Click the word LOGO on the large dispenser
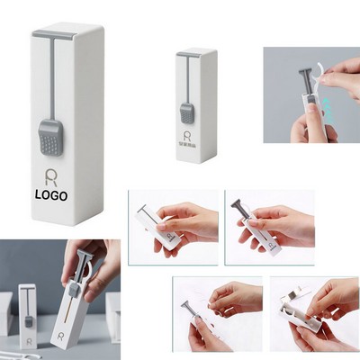pos(51,193)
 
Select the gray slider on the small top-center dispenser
pos(186,112)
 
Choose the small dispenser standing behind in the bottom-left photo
pos(28,310)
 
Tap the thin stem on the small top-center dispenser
pos(185,80)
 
